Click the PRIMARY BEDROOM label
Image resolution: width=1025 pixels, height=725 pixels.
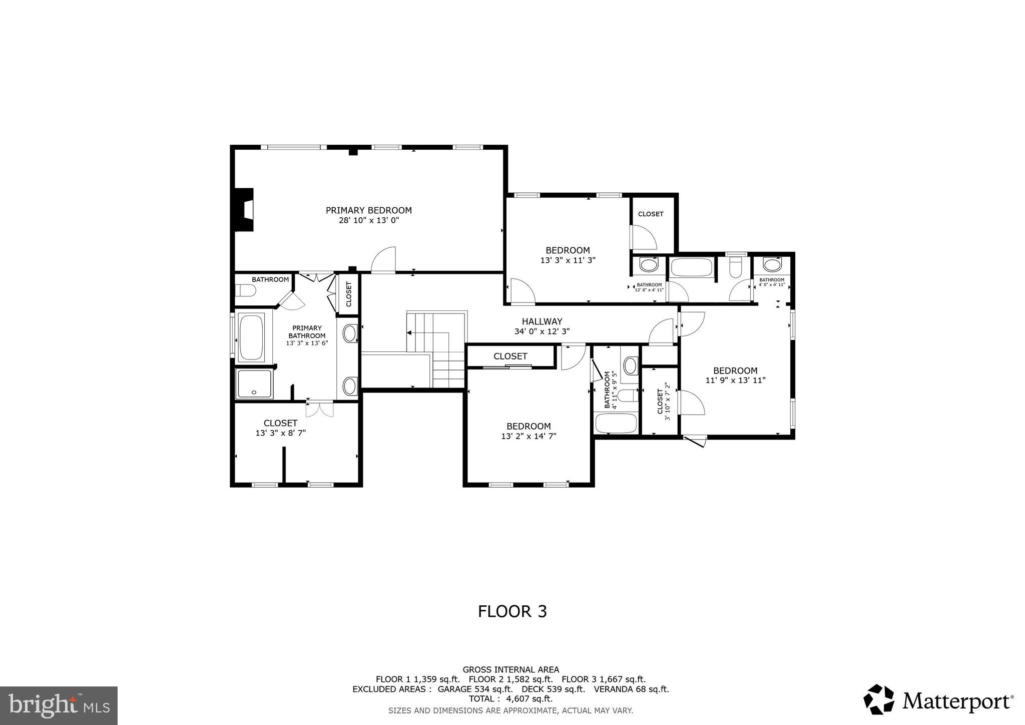click(x=368, y=210)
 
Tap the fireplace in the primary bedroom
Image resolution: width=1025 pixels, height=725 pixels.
click(x=245, y=210)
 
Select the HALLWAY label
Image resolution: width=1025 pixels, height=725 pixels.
click(x=542, y=321)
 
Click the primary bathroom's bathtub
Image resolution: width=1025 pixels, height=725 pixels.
click(x=251, y=336)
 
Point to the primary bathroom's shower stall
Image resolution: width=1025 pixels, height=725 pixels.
click(x=254, y=384)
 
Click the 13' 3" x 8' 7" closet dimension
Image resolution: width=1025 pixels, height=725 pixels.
click(x=280, y=433)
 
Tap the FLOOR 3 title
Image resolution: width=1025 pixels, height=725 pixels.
click(x=512, y=611)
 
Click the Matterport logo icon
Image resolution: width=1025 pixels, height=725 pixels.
click(x=879, y=699)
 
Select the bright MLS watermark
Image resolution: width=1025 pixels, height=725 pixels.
click(x=59, y=705)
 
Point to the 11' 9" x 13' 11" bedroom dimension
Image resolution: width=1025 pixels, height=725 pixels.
click(x=735, y=381)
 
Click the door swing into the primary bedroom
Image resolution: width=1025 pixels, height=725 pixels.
click(x=384, y=260)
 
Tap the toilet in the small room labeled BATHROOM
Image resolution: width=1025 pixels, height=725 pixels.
click(x=246, y=290)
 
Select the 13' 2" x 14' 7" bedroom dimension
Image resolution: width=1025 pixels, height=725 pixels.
click(x=529, y=436)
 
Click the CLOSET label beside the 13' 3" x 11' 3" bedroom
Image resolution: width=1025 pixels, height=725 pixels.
click(x=651, y=214)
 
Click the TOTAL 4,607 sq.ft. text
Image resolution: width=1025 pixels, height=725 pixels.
click(x=510, y=698)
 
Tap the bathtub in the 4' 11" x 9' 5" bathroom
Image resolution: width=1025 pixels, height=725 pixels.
click(x=616, y=423)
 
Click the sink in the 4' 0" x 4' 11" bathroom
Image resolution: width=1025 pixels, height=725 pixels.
click(x=772, y=264)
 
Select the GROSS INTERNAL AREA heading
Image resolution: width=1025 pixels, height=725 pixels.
click(x=510, y=669)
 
